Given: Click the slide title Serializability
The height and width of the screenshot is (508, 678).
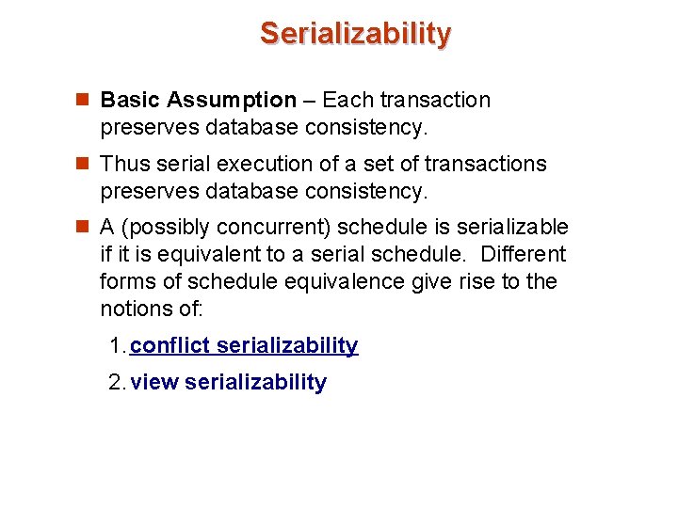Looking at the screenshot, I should [x=356, y=34].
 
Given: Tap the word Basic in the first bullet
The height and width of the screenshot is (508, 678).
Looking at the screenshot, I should [x=127, y=101].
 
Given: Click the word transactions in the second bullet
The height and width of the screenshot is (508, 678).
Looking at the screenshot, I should [x=485, y=165].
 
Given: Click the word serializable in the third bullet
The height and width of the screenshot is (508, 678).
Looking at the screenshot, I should [x=512, y=228].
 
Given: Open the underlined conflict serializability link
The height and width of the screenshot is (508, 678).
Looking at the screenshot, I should [x=244, y=346].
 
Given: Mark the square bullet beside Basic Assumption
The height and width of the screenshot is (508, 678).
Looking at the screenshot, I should [x=83, y=101].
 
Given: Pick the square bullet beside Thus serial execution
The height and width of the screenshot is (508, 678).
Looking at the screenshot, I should [x=83, y=165].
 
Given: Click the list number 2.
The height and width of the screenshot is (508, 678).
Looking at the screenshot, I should [x=116, y=383].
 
